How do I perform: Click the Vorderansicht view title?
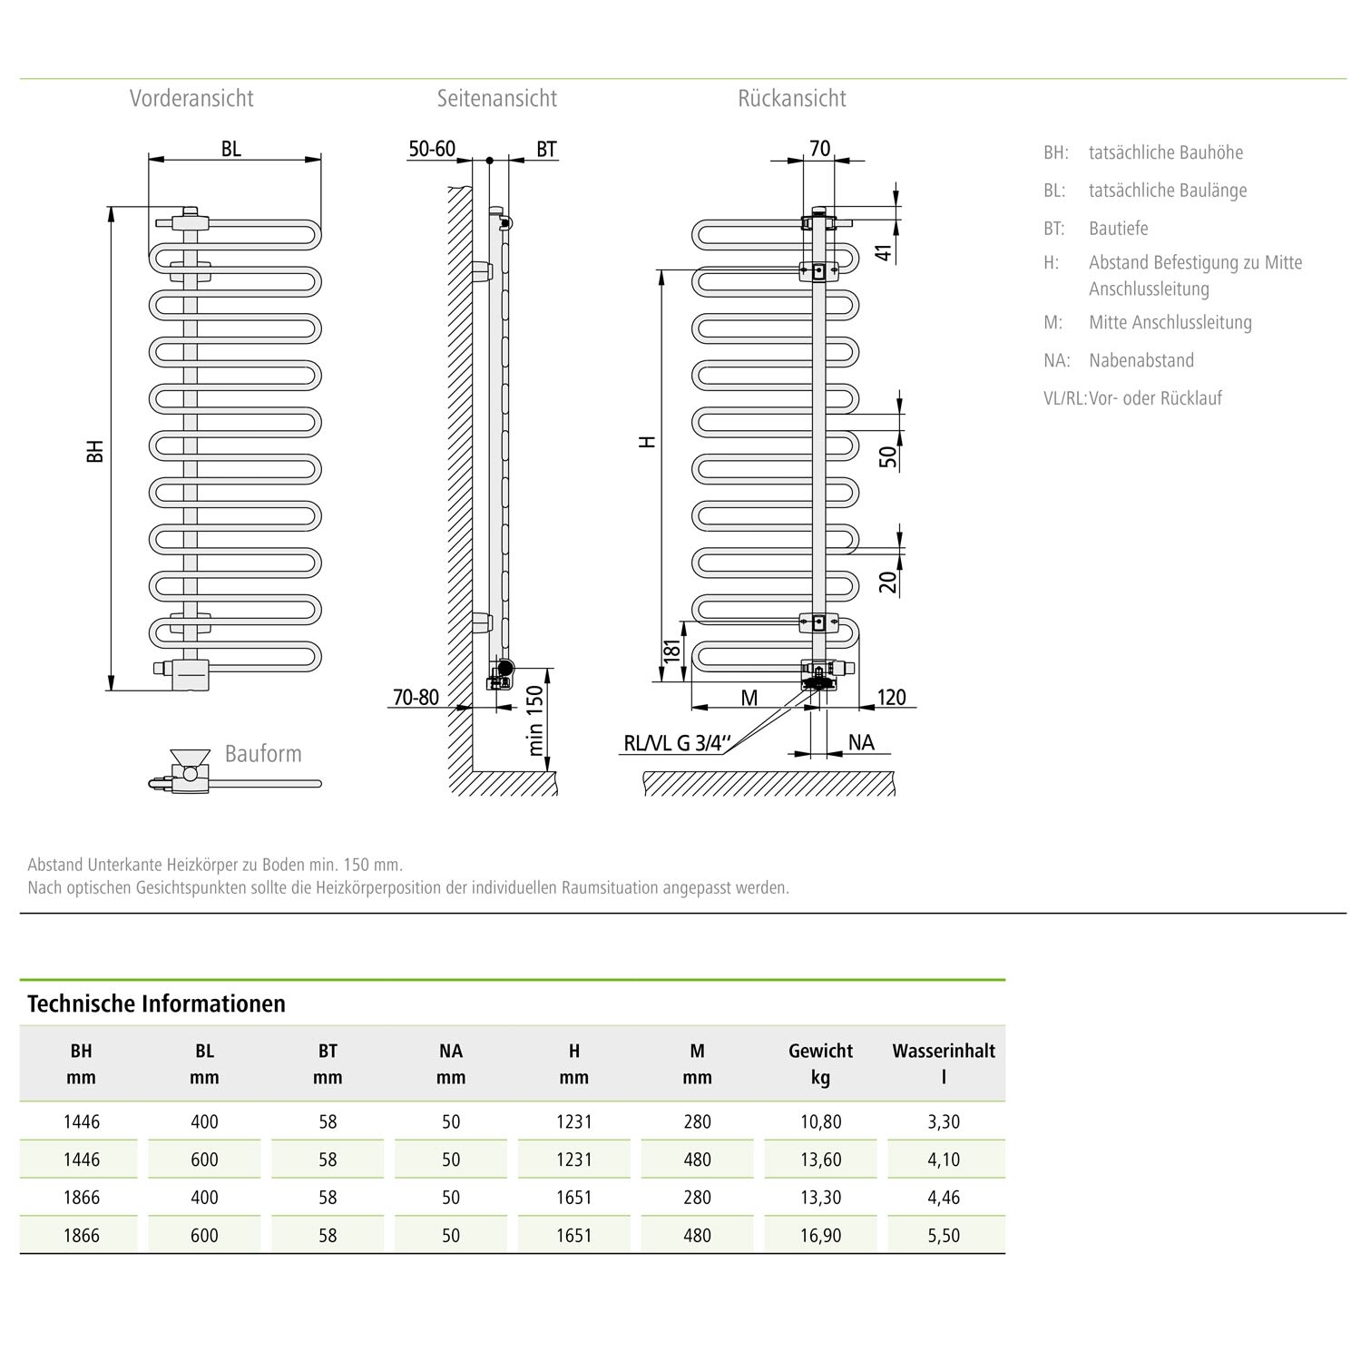pyautogui.click(x=191, y=99)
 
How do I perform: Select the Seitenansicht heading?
pyautogui.click(x=496, y=99)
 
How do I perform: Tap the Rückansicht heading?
pyautogui.click(x=791, y=99)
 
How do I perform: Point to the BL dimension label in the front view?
pyautogui.click(x=231, y=149)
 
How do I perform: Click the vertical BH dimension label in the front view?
pyautogui.click(x=95, y=451)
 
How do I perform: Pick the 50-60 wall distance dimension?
pyautogui.click(x=432, y=149)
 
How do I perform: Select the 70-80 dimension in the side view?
pyautogui.click(x=416, y=697)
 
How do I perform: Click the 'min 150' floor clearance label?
pyautogui.click(x=535, y=721)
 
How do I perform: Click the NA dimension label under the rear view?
pyautogui.click(x=861, y=743)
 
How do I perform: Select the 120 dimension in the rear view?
pyautogui.click(x=891, y=697)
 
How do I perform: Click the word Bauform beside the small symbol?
pyautogui.click(x=263, y=754)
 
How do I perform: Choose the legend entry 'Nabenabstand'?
pyautogui.click(x=1141, y=360)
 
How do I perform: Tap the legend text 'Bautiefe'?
pyautogui.click(x=1119, y=229)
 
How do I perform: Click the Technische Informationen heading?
pyautogui.click(x=156, y=1004)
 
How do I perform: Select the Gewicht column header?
pyautogui.click(x=820, y=1051)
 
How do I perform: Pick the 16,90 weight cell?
pyautogui.click(x=820, y=1235)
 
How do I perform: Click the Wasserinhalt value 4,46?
pyautogui.click(x=944, y=1198)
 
